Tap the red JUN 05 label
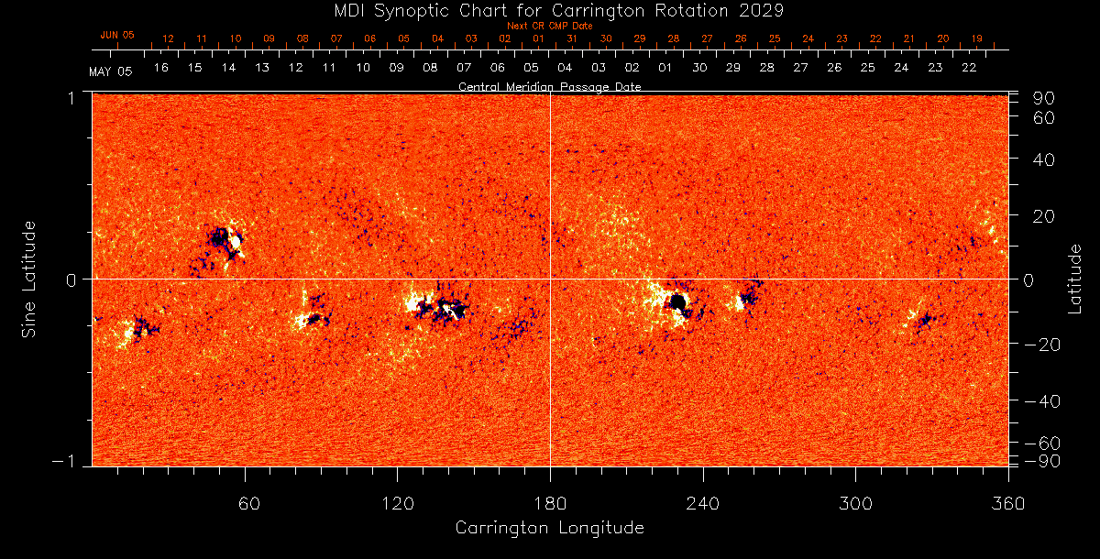click(x=116, y=35)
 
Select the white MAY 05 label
click(x=111, y=71)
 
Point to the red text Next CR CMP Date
click(x=550, y=26)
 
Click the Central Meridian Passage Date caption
click(x=550, y=86)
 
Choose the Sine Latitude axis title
click(x=30, y=279)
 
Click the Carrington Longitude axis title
click(x=550, y=528)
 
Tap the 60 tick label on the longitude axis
click(x=245, y=502)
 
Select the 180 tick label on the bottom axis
click(x=550, y=502)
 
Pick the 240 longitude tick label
click(x=703, y=502)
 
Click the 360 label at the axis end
click(x=1008, y=502)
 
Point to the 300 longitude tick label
click(x=855, y=502)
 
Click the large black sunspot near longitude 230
click(x=677, y=301)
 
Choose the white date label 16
click(x=161, y=68)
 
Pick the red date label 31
click(x=571, y=39)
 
